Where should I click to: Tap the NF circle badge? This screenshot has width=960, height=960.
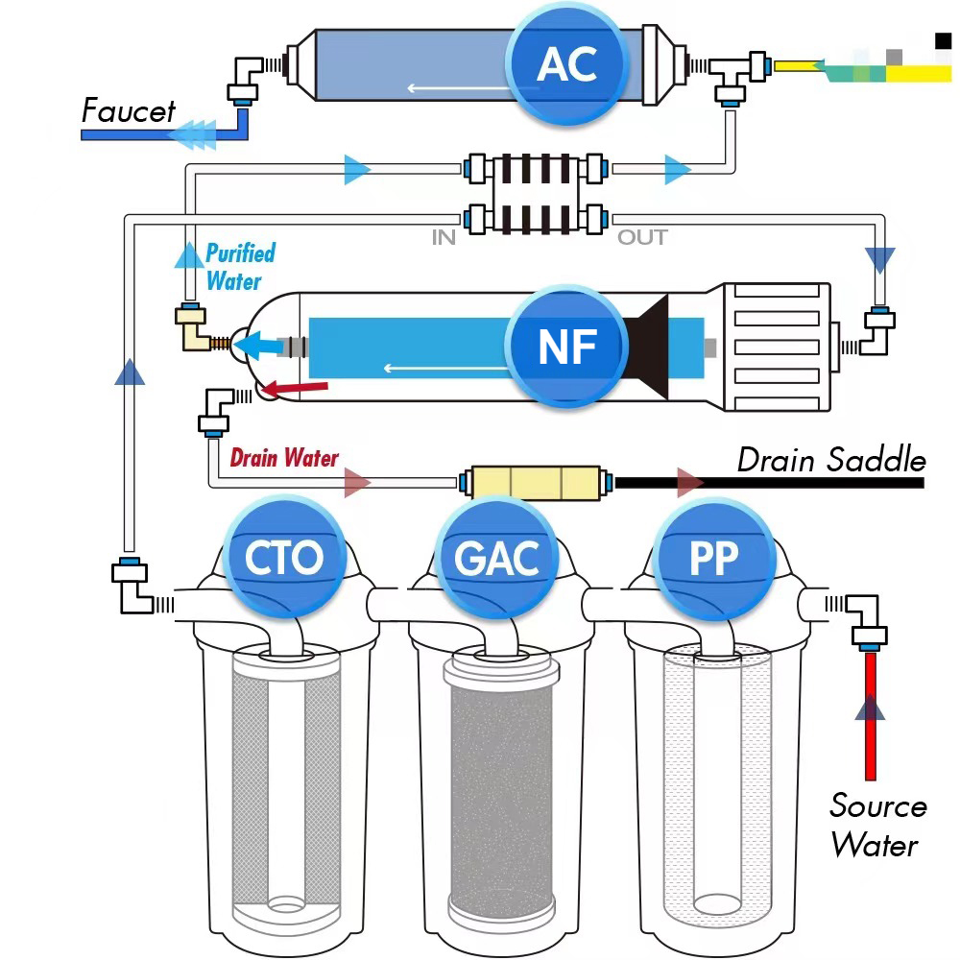(567, 346)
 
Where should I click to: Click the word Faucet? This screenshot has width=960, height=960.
(128, 111)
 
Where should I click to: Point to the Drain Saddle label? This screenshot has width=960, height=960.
(831, 461)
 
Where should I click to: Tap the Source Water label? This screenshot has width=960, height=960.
(877, 825)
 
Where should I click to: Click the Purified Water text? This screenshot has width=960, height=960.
(240, 267)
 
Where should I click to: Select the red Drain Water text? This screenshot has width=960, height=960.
(284, 458)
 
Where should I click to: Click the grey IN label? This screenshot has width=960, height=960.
(443, 237)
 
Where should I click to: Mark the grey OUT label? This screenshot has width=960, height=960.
(641, 237)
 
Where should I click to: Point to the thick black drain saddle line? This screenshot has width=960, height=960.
(768, 481)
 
